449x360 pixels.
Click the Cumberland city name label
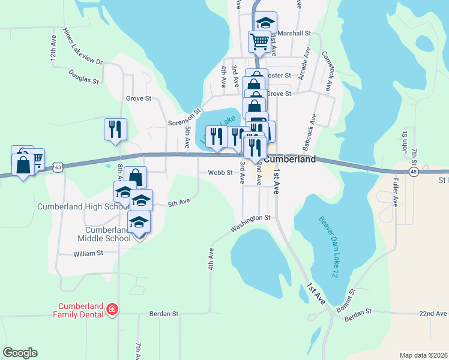point(290,160)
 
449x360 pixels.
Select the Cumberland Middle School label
point(108,234)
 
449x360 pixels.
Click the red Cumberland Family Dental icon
point(111,310)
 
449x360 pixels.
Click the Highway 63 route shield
point(56,166)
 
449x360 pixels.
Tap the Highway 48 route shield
point(414,172)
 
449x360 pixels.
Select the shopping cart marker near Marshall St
point(259,42)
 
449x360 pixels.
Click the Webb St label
point(220,173)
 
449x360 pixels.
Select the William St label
point(89,254)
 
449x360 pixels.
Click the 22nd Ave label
point(433,313)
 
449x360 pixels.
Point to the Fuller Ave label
point(396,191)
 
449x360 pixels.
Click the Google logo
point(20,353)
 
